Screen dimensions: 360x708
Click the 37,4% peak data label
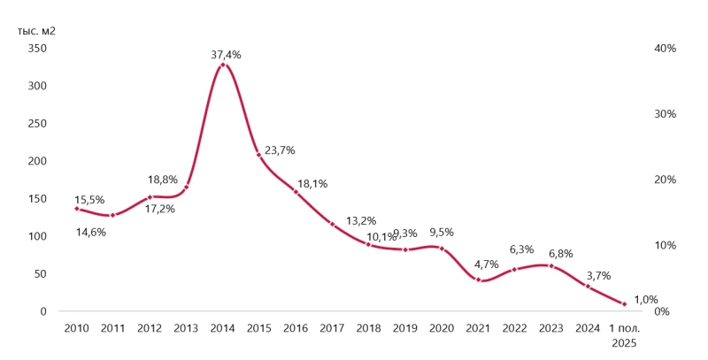coord(226,55)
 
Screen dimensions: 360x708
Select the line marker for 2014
coord(223,65)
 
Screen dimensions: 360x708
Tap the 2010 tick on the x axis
coord(76,328)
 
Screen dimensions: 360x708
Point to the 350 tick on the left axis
coord(37,49)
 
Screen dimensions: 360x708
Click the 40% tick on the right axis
coord(666,49)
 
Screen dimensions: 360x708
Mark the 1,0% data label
coord(646,299)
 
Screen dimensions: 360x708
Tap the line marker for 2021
coord(479,280)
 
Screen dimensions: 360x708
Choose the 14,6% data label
coord(90,233)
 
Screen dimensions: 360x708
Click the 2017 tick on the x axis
coord(332,328)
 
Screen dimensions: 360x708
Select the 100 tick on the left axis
coord(37,236)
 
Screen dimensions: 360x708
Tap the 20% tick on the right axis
coord(666,180)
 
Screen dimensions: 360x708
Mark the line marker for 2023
coord(551,265)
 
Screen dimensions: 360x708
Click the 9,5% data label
coord(442,233)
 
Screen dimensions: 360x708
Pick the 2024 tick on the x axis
coord(588,328)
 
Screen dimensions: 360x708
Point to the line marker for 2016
coord(296,191)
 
